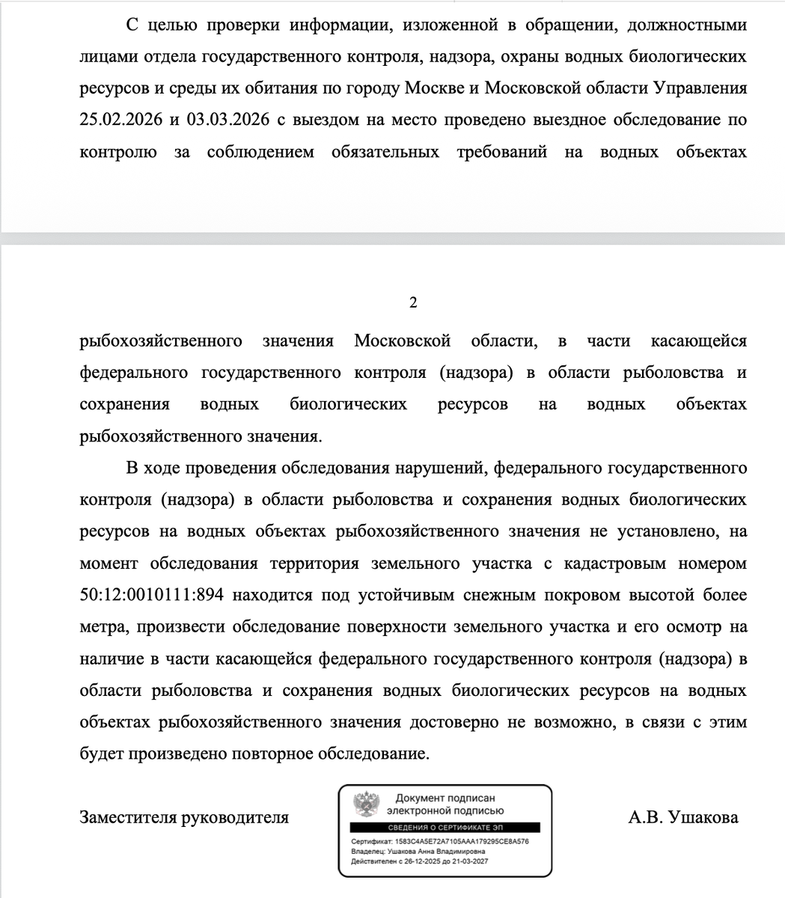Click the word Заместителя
click(x=126, y=817)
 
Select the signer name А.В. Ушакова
click(x=682, y=817)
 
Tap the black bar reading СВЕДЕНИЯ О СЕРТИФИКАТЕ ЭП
click(x=445, y=827)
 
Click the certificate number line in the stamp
click(x=440, y=841)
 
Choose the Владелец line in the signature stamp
click(x=418, y=851)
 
